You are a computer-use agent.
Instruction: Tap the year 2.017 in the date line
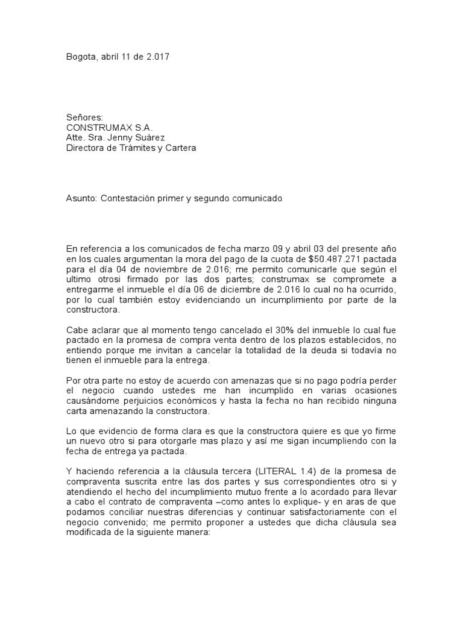point(159,58)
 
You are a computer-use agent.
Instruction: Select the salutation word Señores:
point(84,117)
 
